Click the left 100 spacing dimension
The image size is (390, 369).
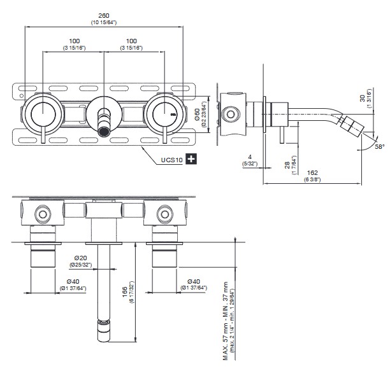(75, 41)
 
